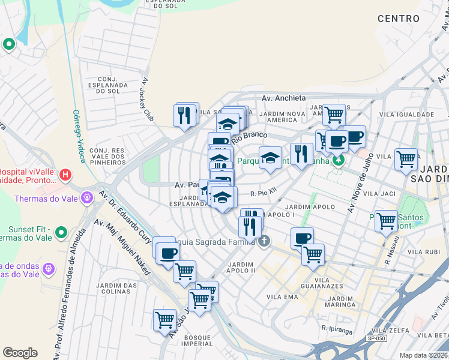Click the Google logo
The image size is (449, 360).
[20, 353]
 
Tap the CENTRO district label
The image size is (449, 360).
[399, 19]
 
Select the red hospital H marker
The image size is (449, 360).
[66, 175]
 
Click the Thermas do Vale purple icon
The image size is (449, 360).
[88, 197]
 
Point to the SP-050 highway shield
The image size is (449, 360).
[376, 339]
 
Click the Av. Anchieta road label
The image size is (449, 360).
[284, 98]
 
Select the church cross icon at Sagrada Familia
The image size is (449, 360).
[264, 241]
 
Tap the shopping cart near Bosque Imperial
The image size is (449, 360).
[164, 319]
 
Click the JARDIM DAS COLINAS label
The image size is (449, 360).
[113, 288]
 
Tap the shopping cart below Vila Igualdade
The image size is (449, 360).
[406, 158]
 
